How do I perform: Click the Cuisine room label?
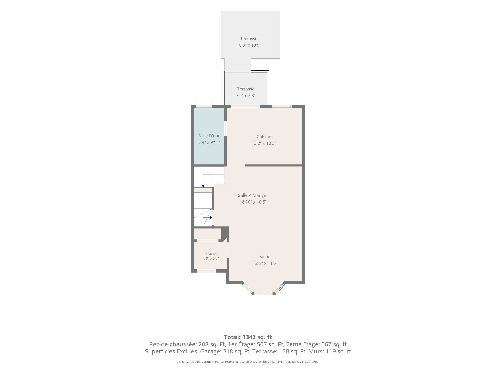pos(264,137)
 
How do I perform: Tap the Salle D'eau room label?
pos(209,136)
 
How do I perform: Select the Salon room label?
pos(265,257)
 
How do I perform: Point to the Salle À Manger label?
pos(253,195)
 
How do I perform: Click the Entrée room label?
pos(211,254)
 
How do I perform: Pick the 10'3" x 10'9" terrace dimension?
pos(249,45)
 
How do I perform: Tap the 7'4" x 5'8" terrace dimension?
pos(246,96)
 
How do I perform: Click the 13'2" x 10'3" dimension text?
pos(264,143)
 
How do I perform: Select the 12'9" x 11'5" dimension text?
pos(265,263)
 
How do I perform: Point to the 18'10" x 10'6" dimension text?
pos(253,202)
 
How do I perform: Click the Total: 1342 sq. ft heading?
pos(248,337)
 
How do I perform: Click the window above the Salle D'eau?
pos(204,106)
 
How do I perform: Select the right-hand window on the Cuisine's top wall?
pos(282,106)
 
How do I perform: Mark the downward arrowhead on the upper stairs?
pos(203,186)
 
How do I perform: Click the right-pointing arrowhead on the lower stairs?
pos(211,218)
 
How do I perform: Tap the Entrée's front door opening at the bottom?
pos(206,271)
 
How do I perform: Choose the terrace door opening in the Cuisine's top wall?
pos(245,106)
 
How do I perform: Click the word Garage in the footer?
pos(209,351)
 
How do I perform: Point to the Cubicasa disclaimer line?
pos(248,362)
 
